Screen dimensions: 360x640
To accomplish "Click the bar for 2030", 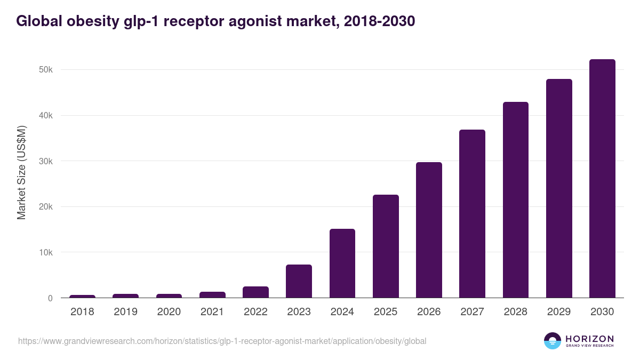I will tap(602, 179).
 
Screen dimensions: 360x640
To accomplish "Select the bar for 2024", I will tap(342, 263).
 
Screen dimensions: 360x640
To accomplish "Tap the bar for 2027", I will tap(472, 214).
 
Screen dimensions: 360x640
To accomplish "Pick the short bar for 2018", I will tap(82, 297).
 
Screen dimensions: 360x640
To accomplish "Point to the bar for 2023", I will tap(299, 281).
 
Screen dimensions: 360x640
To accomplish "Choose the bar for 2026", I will tap(429, 230).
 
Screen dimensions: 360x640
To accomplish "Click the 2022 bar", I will tap(255, 292).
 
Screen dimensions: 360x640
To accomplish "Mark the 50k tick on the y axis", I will tap(45, 70).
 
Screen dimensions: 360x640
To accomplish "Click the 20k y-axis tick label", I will tap(45, 207).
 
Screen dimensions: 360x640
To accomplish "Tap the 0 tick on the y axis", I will tap(50, 298).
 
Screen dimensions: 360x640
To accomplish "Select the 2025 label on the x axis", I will tap(386, 312).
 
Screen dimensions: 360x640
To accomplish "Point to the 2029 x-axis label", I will tap(559, 312).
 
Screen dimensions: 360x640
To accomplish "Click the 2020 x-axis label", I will tap(169, 312).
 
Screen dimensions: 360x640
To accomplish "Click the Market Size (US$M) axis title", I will tap(21, 172).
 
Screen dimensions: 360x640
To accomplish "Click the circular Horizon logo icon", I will tap(553, 341).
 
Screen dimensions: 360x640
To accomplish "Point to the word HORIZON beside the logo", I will tap(589, 338).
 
